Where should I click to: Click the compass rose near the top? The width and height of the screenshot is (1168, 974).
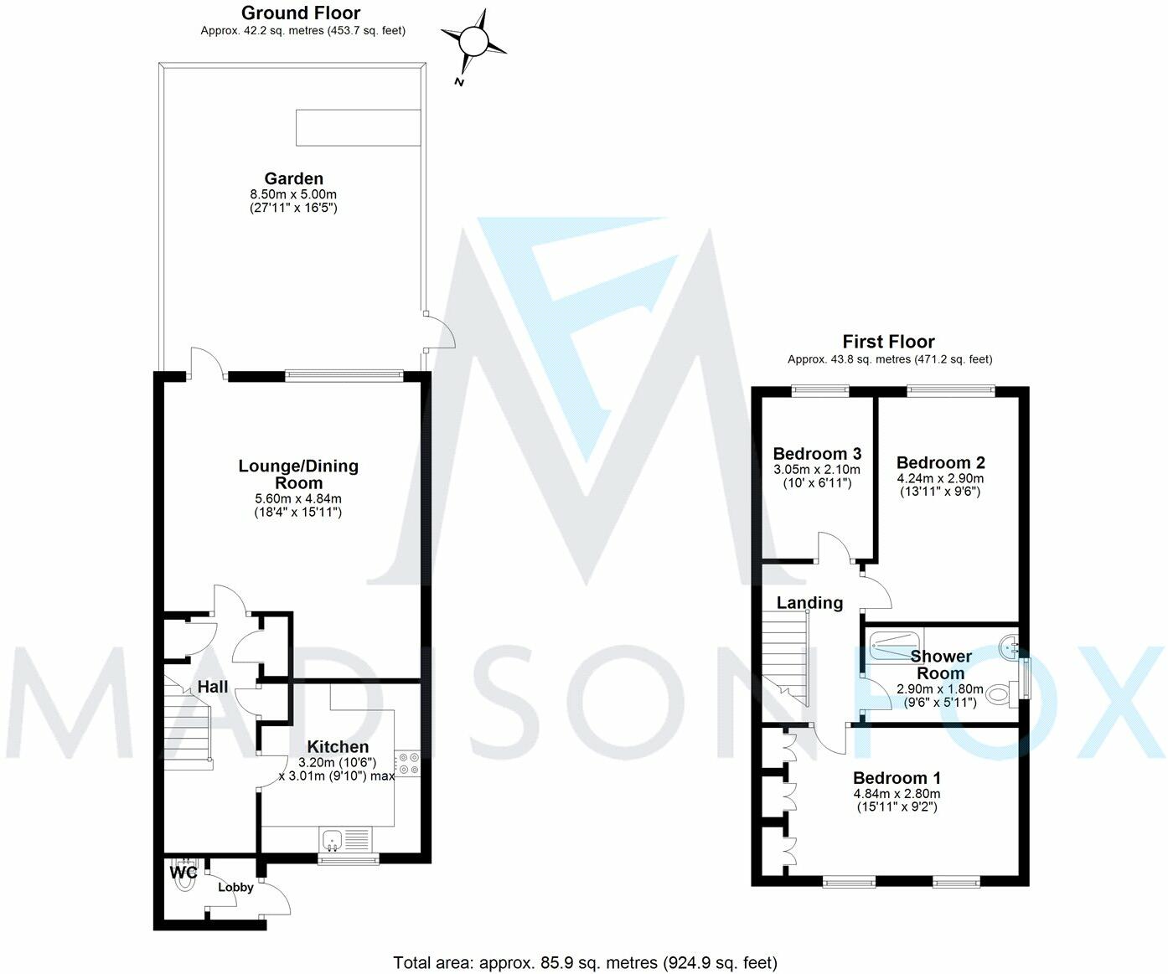473,40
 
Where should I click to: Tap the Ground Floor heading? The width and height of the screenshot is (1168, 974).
301,13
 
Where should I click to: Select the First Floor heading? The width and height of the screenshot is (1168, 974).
888,342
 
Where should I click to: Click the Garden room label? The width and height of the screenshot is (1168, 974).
293,178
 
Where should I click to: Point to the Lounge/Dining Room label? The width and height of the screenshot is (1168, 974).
298,474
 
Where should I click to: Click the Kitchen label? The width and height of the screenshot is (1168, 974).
338,747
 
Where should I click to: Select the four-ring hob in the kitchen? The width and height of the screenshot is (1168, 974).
408,763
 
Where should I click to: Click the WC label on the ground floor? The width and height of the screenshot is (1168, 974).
183,873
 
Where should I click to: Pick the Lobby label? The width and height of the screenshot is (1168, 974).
235,888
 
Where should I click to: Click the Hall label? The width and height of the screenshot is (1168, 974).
213,688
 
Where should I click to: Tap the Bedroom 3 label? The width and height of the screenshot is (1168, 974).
817,454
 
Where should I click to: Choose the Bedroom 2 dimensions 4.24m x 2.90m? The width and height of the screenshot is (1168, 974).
940,478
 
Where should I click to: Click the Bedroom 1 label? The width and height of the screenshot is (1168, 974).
897,778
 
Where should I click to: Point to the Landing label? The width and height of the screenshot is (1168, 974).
809,603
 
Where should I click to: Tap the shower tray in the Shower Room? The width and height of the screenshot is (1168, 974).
894,642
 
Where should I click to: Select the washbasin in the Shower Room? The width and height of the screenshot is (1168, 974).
1009,646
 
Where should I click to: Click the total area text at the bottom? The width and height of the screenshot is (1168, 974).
585,963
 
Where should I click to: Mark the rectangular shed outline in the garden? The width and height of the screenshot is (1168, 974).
358,127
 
